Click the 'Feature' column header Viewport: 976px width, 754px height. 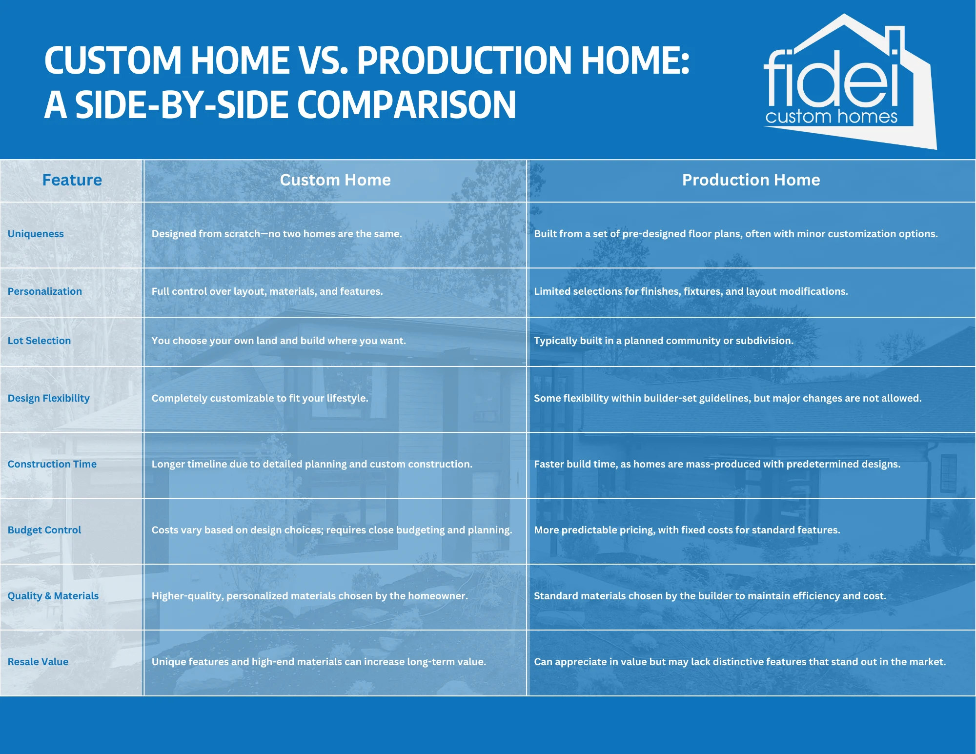(72, 180)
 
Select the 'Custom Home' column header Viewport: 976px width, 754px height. (335, 180)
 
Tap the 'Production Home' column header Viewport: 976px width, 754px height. (751, 180)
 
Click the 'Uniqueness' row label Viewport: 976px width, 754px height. (36, 234)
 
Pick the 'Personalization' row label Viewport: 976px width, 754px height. (45, 291)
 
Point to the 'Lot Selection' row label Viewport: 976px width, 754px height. (39, 341)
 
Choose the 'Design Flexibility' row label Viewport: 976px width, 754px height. (49, 398)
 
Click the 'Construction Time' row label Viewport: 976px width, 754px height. (52, 464)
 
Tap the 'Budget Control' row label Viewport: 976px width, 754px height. (44, 530)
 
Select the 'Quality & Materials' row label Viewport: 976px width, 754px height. (53, 596)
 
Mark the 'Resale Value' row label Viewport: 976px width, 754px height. (38, 662)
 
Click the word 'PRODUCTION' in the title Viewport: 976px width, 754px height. (464, 61)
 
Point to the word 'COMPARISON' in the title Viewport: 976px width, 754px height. (407, 105)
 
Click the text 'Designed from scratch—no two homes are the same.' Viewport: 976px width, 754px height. (277, 234)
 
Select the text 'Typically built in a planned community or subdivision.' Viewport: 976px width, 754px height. (664, 341)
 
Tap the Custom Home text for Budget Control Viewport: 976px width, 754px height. (332, 530)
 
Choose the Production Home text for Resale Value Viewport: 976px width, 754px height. (740, 662)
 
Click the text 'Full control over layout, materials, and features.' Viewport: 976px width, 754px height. (267, 291)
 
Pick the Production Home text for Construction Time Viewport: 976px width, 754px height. (717, 464)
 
